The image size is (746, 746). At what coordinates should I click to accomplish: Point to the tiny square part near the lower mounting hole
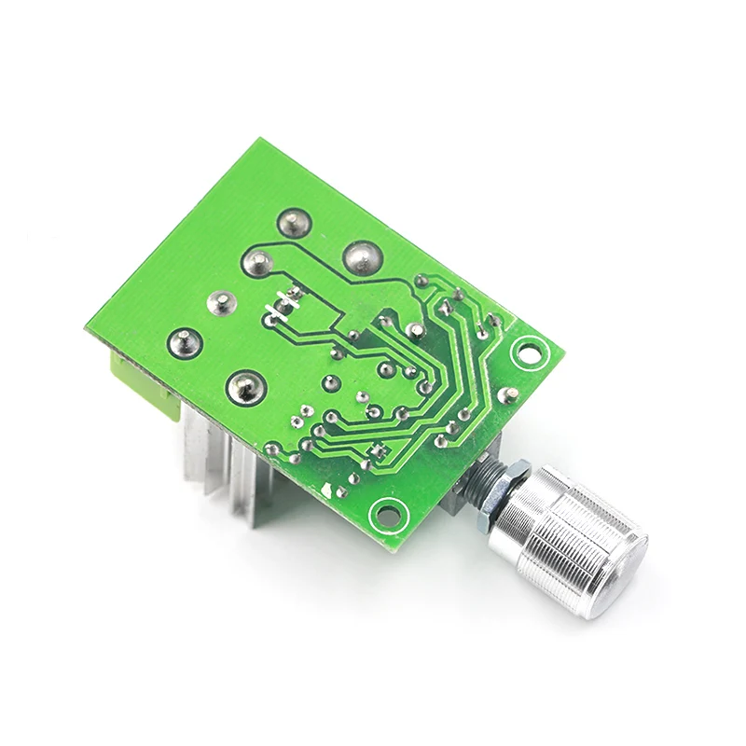pyautogui.click(x=377, y=452)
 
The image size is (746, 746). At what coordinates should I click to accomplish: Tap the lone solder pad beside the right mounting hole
pyautogui.click(x=507, y=395)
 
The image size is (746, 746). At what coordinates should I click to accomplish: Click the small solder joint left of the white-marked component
pyautogui.click(x=221, y=301)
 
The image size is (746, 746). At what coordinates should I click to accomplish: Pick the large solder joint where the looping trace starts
pyautogui.click(x=256, y=261)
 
